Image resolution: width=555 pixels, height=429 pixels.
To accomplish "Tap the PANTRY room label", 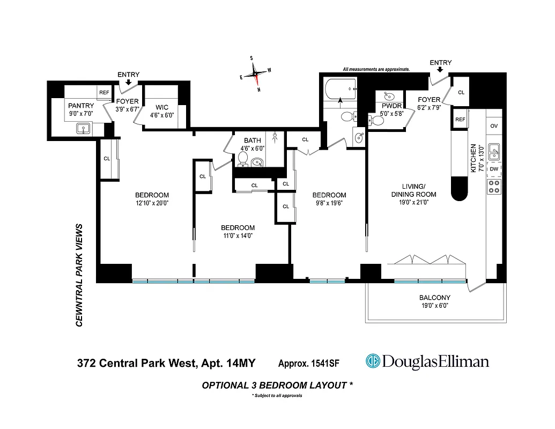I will pyautogui.click(x=80, y=106).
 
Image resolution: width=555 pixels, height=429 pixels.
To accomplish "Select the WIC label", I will pyautogui.click(x=161, y=108).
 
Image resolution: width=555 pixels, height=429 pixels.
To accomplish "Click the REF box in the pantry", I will pyautogui.click(x=104, y=92).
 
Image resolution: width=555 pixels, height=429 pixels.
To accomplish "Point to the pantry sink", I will pyautogui.click(x=83, y=128).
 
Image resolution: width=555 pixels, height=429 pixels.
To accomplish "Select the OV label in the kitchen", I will pyautogui.click(x=494, y=126).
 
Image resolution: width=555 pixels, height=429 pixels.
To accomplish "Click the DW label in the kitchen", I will pyautogui.click(x=494, y=169).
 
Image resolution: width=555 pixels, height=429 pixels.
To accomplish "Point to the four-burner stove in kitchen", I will pyautogui.click(x=494, y=186).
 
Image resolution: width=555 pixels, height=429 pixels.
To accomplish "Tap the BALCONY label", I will pyautogui.click(x=434, y=298).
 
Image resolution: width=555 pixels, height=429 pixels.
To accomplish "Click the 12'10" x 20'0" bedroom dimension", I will pyautogui.click(x=152, y=203).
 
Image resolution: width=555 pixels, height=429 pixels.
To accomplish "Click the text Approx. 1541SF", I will pyautogui.click(x=308, y=364).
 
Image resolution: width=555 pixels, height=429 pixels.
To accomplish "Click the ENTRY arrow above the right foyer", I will pyautogui.click(x=441, y=70).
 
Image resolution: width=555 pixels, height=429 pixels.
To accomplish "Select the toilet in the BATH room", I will pyautogui.click(x=242, y=159).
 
